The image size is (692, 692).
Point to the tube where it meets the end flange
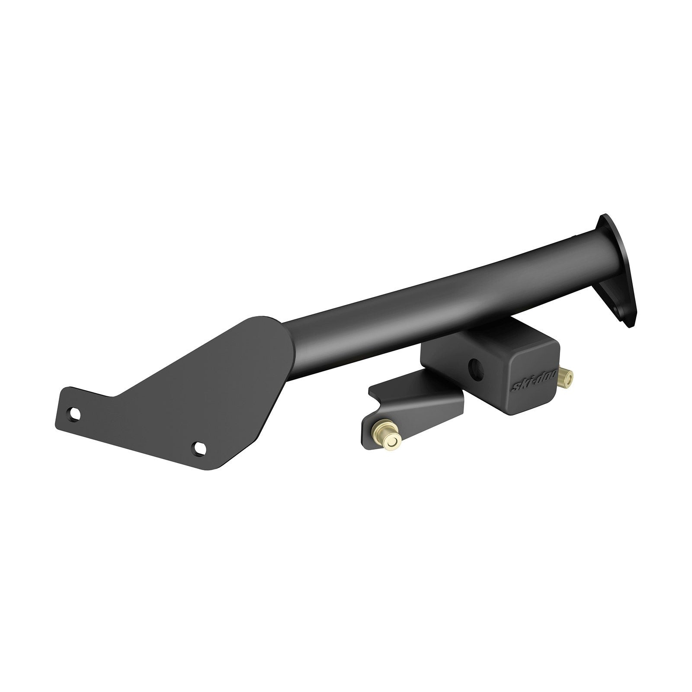[x=593, y=238]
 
